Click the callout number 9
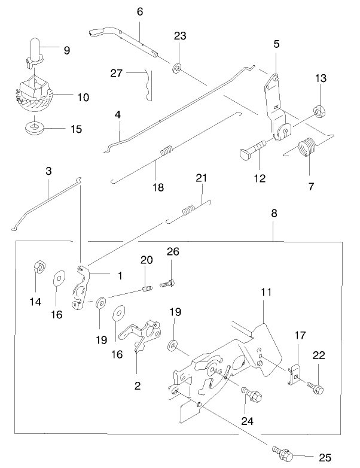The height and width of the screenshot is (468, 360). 66,51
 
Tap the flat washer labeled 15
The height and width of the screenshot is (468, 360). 37,127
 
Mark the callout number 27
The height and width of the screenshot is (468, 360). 117,73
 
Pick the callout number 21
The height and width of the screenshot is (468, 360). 201,177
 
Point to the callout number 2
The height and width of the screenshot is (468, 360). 138,386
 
